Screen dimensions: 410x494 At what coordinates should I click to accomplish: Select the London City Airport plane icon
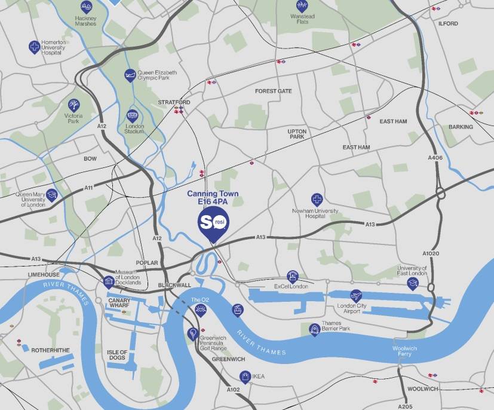point(357,295)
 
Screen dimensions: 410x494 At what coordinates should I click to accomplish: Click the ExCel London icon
point(292,276)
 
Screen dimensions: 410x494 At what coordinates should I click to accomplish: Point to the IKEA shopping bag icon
point(244,376)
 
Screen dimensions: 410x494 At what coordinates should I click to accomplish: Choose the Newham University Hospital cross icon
point(317,200)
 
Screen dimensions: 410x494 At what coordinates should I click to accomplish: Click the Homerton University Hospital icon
point(35,46)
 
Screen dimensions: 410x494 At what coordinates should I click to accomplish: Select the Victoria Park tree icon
point(73,105)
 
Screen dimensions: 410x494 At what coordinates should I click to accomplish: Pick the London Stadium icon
point(133,117)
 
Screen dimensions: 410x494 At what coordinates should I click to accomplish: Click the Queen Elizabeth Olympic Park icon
point(130,75)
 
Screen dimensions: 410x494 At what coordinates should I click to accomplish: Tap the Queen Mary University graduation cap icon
point(53,195)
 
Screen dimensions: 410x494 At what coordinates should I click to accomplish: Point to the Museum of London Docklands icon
point(109,282)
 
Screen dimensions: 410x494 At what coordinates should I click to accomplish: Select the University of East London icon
point(412,283)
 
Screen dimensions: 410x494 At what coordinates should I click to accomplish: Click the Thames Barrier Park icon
point(314,329)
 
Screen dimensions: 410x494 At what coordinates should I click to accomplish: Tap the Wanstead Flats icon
point(302,6)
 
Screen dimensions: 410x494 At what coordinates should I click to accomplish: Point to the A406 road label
point(435,157)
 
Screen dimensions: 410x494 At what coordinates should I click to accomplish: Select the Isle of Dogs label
point(117,355)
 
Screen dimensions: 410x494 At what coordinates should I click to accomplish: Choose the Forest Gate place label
point(273,91)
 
